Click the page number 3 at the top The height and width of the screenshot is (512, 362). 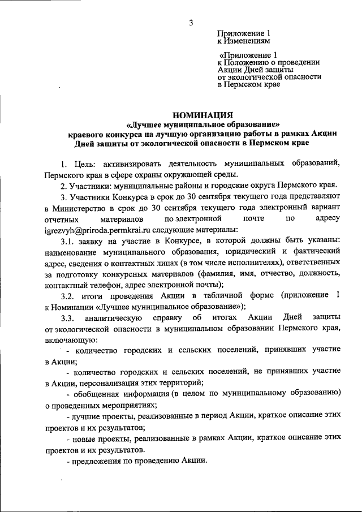click(x=191, y=23)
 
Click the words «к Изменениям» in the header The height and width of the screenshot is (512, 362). click(x=244, y=41)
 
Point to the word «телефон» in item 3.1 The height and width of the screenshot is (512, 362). click(x=100, y=285)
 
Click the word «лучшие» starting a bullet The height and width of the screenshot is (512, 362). click(x=86, y=415)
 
